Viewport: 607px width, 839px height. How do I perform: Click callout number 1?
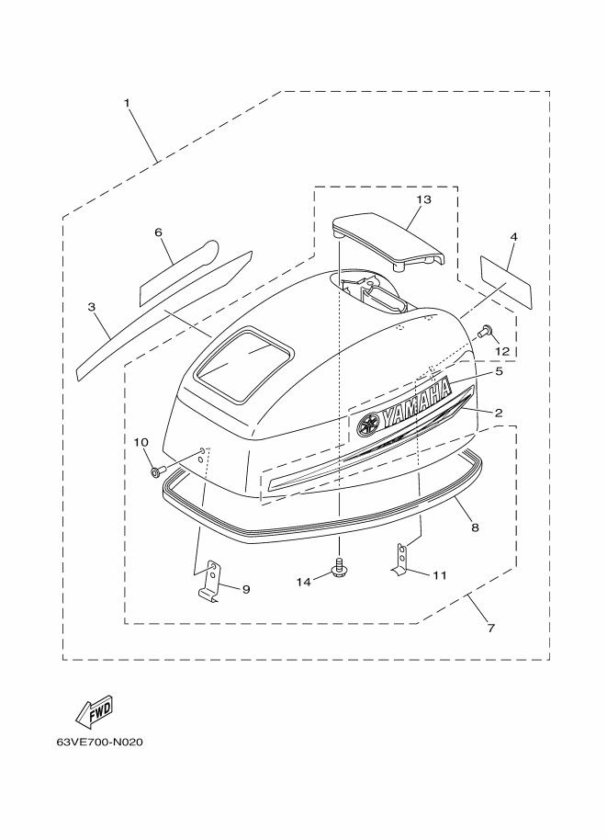(127, 103)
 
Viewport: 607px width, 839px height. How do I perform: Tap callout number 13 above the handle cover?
(423, 199)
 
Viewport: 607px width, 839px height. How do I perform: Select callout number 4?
(513, 236)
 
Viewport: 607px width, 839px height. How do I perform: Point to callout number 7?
(491, 629)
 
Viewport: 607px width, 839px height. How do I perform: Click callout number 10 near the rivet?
(141, 443)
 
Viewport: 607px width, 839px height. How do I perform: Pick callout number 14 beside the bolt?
(304, 583)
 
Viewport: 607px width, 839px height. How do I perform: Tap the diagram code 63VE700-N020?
(99, 743)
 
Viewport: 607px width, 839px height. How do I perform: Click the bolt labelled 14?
(339, 568)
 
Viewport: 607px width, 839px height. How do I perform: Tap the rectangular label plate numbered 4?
(507, 282)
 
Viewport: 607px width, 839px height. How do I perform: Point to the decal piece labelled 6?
(179, 274)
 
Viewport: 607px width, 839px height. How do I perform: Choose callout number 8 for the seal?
(476, 527)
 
